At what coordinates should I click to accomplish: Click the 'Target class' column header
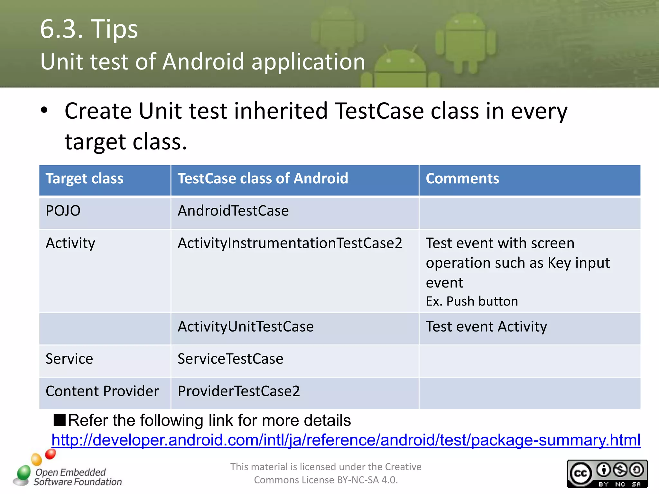84,179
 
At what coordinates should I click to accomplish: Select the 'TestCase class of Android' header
263,179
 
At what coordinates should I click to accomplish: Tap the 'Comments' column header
462,179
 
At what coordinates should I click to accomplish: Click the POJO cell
63,211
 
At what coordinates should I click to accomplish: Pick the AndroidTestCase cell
233,211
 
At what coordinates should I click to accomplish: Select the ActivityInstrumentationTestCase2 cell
290,243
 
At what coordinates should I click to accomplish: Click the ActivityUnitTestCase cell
246,327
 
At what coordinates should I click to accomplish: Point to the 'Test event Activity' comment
486,327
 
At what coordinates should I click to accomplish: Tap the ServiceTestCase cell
230,359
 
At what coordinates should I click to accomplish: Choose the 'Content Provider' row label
102,391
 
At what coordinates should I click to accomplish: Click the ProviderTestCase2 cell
239,391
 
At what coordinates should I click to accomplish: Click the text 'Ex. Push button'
472,301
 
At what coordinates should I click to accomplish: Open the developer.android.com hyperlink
346,440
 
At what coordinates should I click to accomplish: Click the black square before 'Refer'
60,420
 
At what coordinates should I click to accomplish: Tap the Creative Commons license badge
607,474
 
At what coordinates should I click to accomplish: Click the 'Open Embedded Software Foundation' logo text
77,477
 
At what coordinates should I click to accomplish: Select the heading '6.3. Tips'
89,29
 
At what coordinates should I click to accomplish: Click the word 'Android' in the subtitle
203,62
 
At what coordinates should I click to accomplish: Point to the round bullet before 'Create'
44,111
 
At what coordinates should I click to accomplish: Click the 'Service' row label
69,359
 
